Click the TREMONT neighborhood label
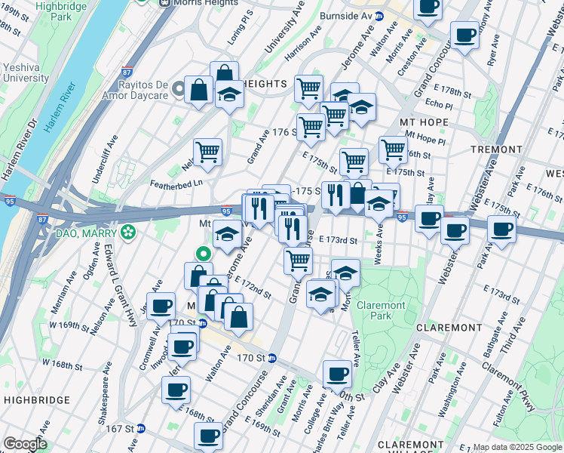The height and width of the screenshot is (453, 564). (496, 150)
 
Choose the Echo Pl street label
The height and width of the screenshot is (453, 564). (437, 103)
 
